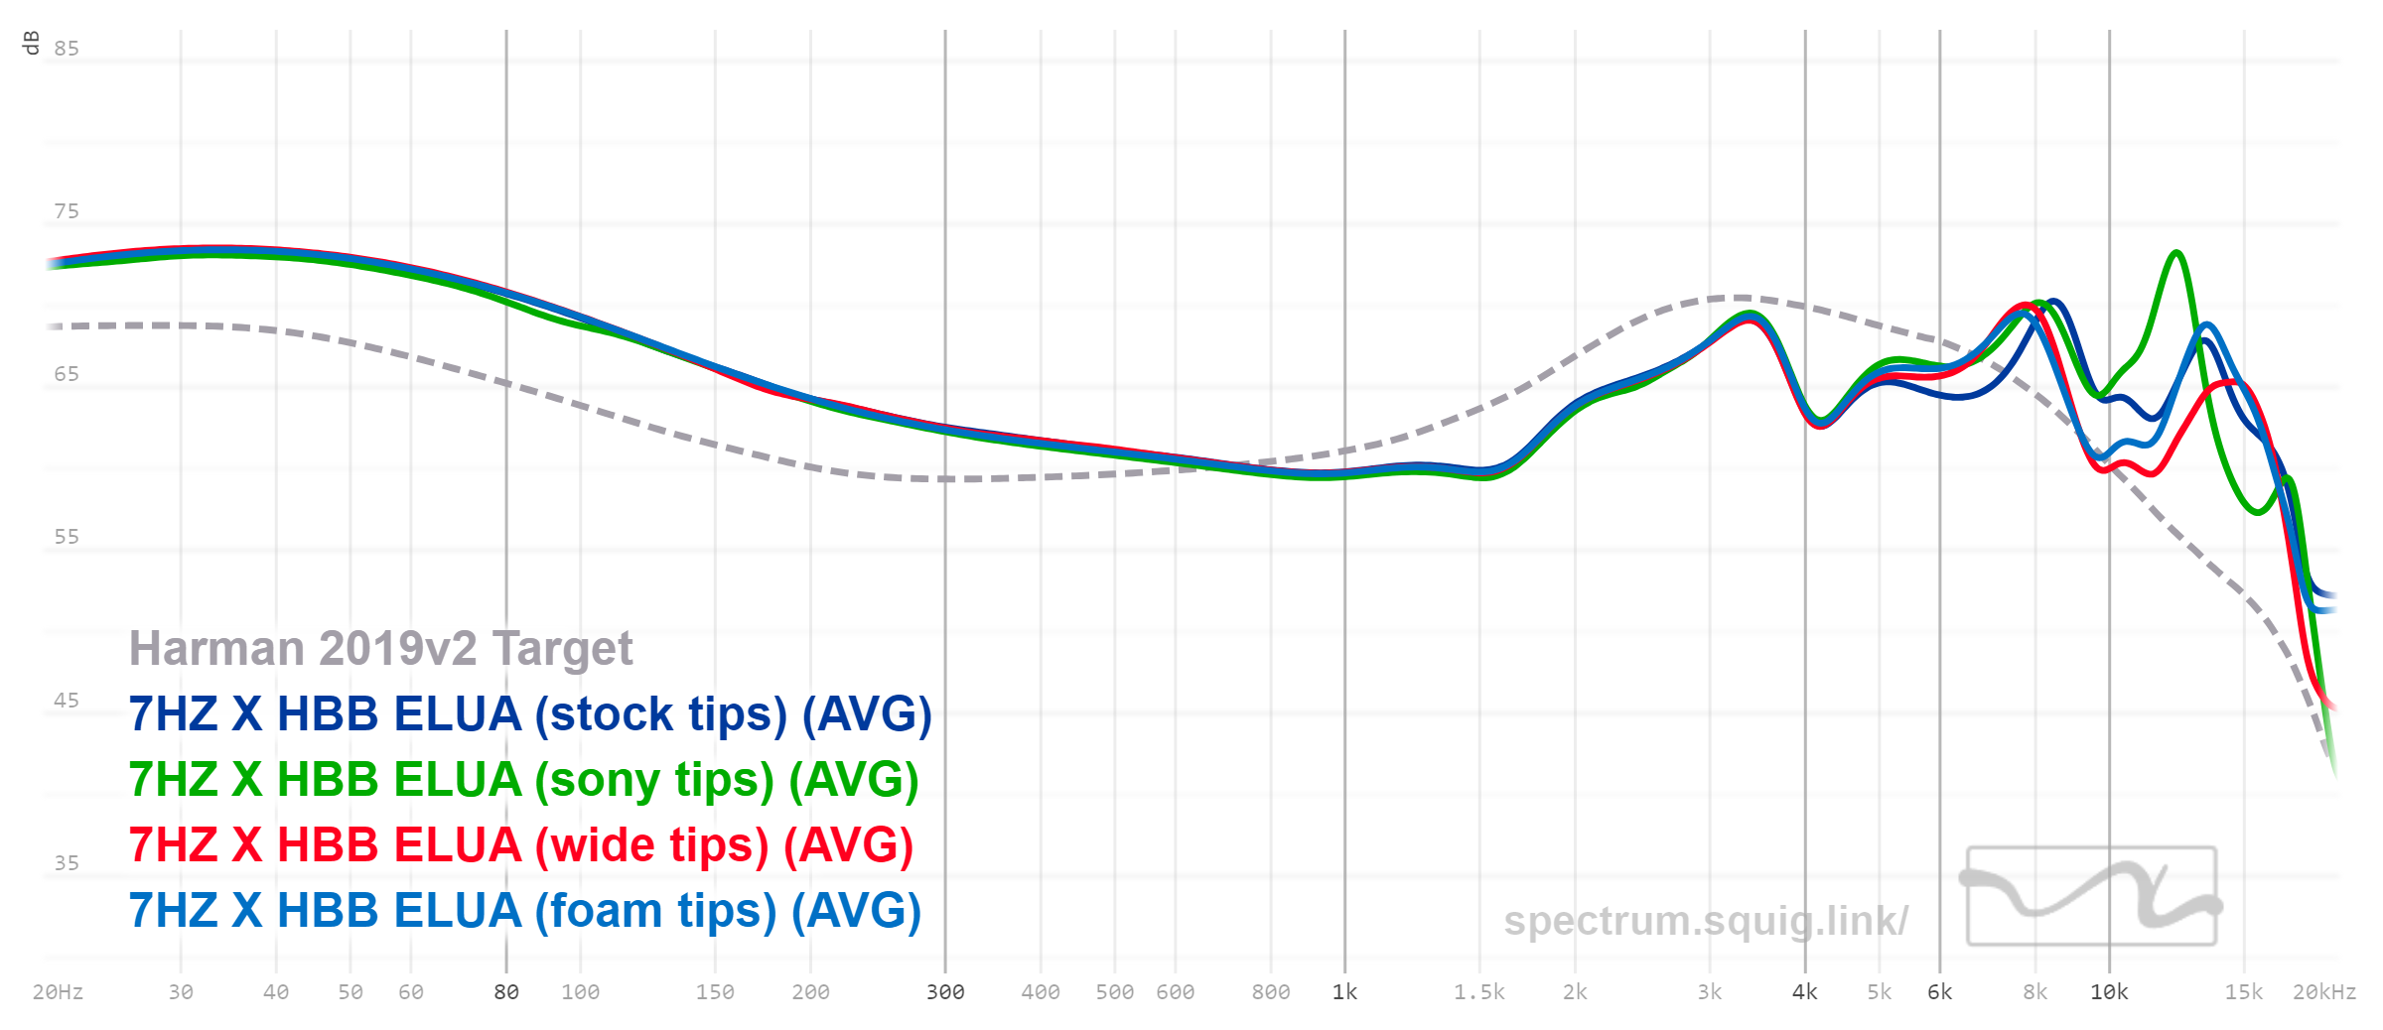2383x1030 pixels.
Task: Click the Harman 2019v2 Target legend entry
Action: [x=380, y=649]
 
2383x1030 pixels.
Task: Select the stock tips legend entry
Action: [x=530, y=714]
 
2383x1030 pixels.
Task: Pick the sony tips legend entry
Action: [x=523, y=780]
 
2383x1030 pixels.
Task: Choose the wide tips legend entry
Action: [x=520, y=845]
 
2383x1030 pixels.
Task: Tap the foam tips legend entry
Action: [x=524, y=911]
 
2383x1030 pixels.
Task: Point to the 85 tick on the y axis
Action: [x=67, y=49]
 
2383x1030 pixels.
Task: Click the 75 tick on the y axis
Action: [x=67, y=211]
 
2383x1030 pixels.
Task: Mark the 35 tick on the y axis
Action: [x=67, y=863]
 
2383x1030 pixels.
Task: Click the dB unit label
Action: [x=31, y=43]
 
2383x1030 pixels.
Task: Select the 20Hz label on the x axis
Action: [x=58, y=992]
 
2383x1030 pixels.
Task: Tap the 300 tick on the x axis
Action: [x=945, y=992]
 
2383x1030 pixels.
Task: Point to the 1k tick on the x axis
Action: [x=1344, y=992]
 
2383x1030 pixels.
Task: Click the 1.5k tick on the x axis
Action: [x=1479, y=992]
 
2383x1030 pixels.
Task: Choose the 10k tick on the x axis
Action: [x=2109, y=992]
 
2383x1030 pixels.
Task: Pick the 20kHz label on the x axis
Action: [x=2323, y=992]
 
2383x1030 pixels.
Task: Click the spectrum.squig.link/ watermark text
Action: [x=1705, y=921]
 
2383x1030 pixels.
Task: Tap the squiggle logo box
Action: [x=2091, y=895]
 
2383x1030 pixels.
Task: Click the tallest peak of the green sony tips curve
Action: [x=2176, y=253]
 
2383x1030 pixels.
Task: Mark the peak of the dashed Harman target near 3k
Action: [x=1740, y=297]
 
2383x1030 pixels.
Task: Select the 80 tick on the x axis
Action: [x=506, y=992]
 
